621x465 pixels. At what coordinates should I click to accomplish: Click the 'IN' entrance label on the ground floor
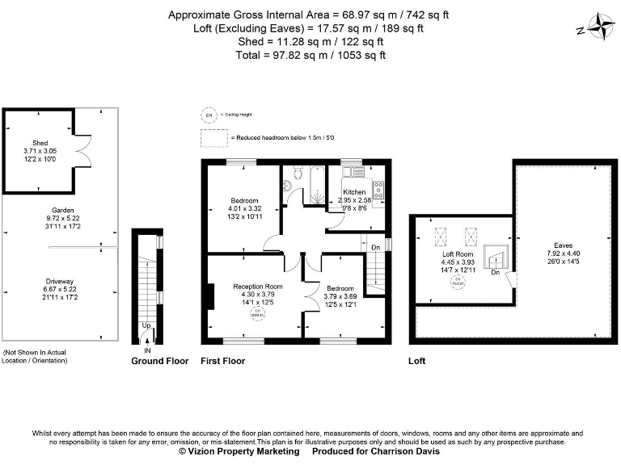(x=147, y=351)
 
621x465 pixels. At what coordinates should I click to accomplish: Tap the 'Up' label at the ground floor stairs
(x=146, y=325)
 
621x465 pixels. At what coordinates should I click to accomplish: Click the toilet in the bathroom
(x=289, y=186)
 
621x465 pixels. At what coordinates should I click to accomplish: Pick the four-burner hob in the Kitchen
(x=378, y=193)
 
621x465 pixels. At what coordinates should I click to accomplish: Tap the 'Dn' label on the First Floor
(x=375, y=247)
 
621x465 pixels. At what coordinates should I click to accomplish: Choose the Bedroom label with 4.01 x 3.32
(x=244, y=200)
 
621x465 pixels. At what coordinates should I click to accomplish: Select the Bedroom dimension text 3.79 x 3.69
(x=339, y=296)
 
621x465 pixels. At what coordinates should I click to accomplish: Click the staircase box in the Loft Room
(x=495, y=260)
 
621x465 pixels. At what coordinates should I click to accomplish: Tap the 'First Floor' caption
(x=222, y=361)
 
